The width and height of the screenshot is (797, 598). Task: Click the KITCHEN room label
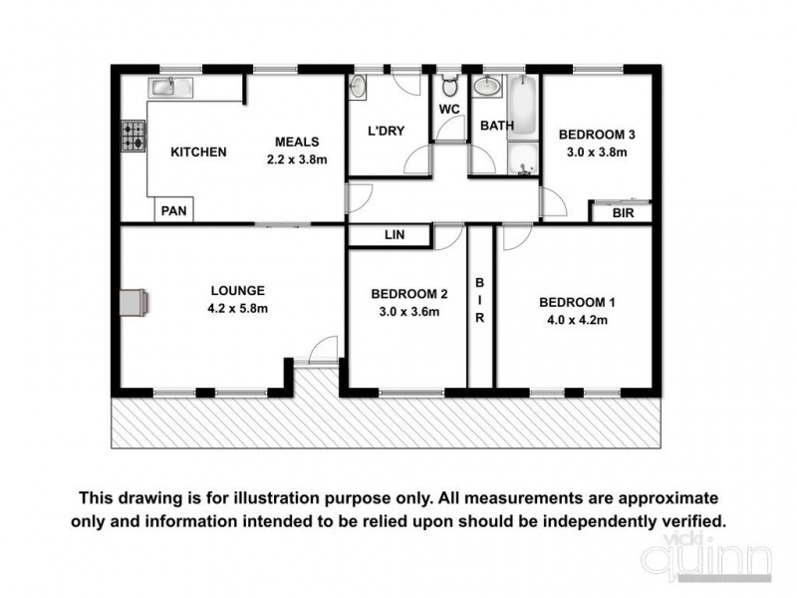click(199, 152)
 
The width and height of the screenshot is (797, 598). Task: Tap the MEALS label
click(296, 142)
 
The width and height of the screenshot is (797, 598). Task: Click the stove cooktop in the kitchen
click(133, 137)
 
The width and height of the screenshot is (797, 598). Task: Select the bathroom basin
click(488, 87)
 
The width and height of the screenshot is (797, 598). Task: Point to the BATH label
click(496, 127)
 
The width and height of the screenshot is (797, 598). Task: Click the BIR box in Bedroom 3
click(624, 213)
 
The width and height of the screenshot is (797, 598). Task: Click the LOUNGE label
click(237, 291)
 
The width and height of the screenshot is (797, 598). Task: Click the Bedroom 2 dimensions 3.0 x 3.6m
click(408, 311)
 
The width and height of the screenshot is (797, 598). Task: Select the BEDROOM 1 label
click(573, 303)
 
